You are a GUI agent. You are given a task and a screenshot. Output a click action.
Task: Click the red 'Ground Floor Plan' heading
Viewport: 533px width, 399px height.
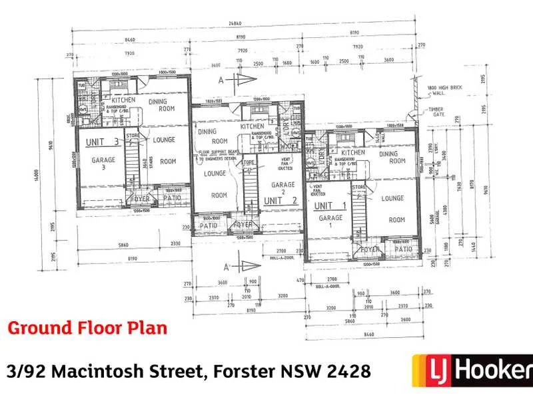pyautogui.click(x=87, y=328)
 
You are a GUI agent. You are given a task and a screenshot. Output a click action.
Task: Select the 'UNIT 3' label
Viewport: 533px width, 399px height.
pyautogui.click(x=100, y=142)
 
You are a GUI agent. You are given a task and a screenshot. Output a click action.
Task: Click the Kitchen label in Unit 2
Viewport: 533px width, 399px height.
pyautogui.click(x=253, y=126)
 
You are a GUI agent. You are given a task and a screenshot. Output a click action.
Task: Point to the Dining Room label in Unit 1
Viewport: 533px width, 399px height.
pyautogui.click(x=392, y=157)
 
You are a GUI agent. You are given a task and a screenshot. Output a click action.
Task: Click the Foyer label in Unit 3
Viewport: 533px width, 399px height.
pyautogui.click(x=141, y=198)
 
